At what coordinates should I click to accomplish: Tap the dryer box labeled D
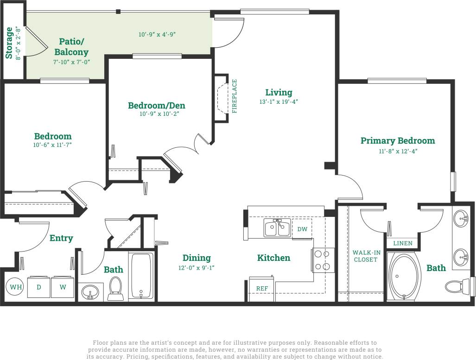tap(39, 287)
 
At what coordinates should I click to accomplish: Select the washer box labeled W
tap(63, 287)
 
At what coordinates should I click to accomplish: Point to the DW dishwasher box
tap(302, 229)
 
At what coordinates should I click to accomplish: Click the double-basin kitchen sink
tap(277, 227)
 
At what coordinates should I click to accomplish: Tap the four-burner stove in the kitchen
tap(324, 260)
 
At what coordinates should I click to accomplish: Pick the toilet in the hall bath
tap(115, 288)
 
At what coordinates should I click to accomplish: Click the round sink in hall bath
tap(89, 292)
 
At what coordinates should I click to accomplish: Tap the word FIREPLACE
tap(235, 96)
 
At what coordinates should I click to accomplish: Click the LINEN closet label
tap(402, 243)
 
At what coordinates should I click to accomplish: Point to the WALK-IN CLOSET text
tap(366, 256)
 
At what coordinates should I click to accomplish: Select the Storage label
tap(9, 43)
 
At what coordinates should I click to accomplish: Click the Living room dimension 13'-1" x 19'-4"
tap(279, 101)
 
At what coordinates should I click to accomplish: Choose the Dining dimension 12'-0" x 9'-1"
tap(197, 267)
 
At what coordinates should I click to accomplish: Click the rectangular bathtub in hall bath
tap(141, 276)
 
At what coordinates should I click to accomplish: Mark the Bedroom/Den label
tap(156, 106)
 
